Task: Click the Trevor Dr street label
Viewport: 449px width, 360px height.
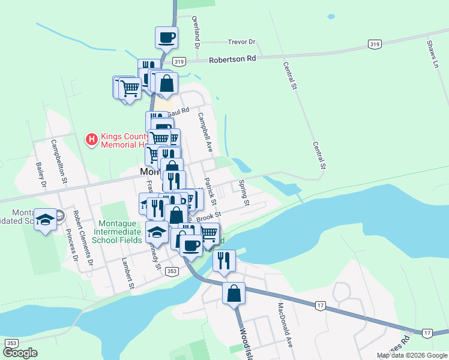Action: tap(242, 42)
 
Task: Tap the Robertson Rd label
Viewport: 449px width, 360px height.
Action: tap(232, 59)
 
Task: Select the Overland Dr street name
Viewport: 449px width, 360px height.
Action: tap(196, 28)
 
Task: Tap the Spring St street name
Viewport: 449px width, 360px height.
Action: tap(244, 192)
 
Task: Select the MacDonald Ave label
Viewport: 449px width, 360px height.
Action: tap(284, 326)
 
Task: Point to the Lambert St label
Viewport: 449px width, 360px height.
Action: tap(127, 274)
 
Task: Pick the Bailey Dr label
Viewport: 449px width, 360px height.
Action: tap(41, 175)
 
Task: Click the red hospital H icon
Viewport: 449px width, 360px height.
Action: tap(92, 140)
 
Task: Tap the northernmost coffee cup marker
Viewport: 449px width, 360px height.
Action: tap(166, 37)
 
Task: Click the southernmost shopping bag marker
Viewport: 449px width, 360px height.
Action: tap(234, 293)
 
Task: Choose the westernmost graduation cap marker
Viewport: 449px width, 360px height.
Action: tap(45, 219)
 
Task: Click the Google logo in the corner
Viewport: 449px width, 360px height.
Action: tap(20, 353)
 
